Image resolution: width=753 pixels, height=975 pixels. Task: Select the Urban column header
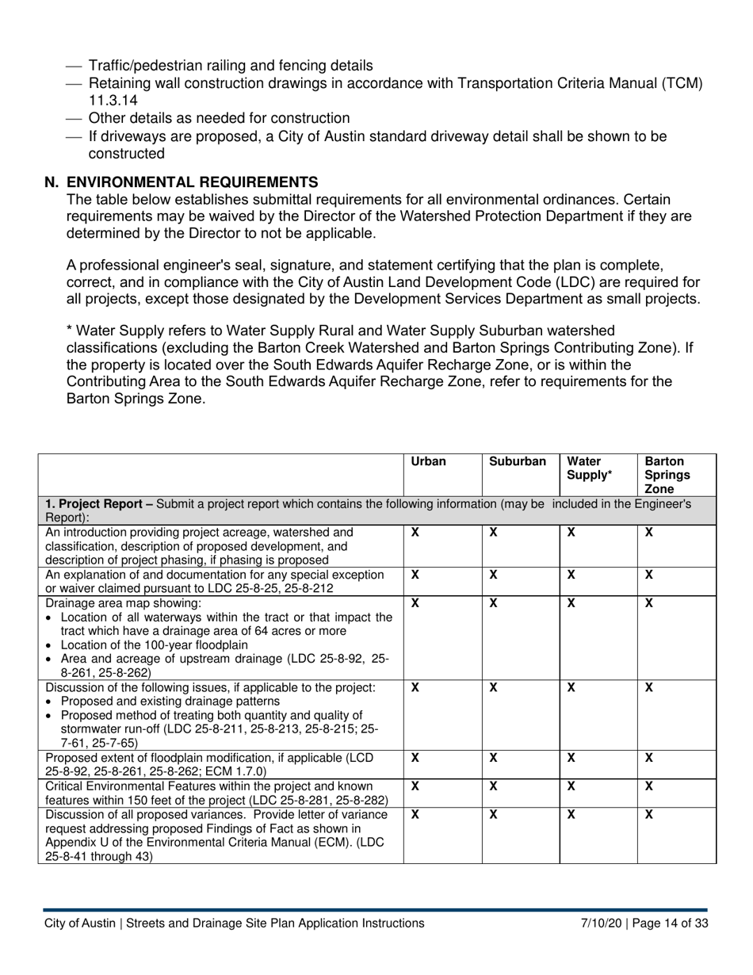[428, 461]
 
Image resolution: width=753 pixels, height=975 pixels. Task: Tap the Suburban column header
[518, 461]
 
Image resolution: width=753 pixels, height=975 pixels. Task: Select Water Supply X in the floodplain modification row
[571, 758]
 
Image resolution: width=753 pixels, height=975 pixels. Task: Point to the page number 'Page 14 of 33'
[670, 923]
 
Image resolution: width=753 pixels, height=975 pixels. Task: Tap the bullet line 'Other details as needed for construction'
[219, 118]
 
